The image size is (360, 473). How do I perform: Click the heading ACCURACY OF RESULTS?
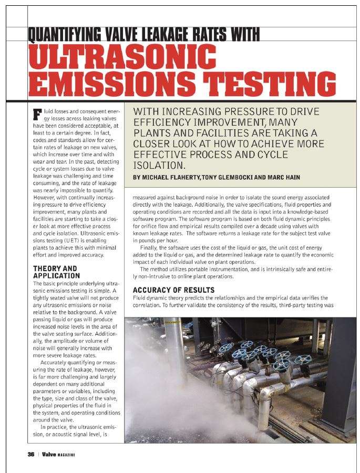(x=173, y=290)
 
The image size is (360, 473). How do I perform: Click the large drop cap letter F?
(x=37, y=114)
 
